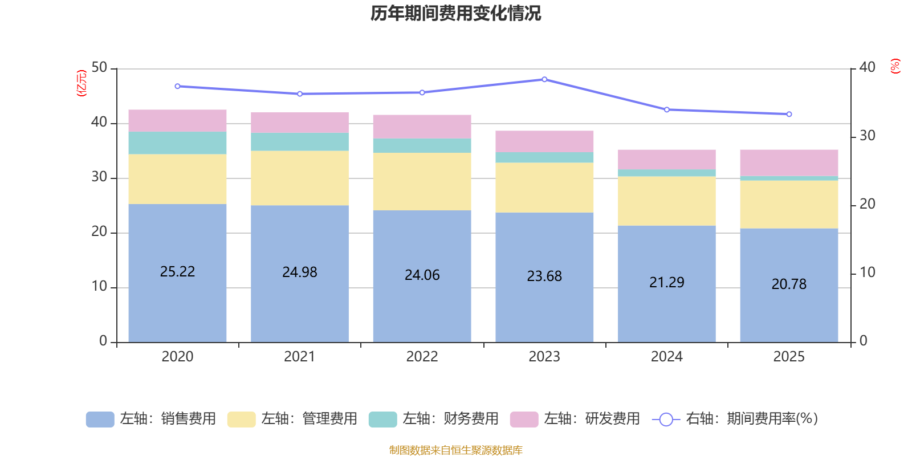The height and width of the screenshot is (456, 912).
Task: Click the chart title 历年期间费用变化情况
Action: click(x=455, y=13)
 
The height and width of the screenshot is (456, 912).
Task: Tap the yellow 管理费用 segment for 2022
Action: click(x=422, y=181)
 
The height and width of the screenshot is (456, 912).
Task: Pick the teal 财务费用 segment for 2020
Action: click(x=177, y=143)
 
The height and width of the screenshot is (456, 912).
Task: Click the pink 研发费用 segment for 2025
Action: click(x=789, y=162)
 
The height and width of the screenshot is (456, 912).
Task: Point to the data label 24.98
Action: click(x=300, y=272)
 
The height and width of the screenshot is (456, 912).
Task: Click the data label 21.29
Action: click(x=667, y=283)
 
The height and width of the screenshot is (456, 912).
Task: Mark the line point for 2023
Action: click(x=544, y=79)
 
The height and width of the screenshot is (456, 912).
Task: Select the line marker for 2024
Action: click(x=667, y=109)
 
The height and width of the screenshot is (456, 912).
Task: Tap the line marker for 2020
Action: click(x=177, y=87)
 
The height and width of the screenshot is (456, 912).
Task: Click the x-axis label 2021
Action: click(x=300, y=357)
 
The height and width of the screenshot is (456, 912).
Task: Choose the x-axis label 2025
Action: click(x=789, y=357)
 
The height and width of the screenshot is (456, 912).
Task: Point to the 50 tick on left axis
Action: click(x=99, y=68)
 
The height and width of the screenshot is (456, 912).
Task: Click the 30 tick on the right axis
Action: click(x=867, y=136)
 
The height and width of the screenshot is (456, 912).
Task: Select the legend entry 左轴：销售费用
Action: click(x=152, y=419)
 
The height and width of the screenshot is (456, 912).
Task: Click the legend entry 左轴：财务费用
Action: click(x=434, y=419)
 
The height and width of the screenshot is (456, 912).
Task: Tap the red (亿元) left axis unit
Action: click(x=82, y=83)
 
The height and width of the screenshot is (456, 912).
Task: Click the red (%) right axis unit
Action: click(x=895, y=66)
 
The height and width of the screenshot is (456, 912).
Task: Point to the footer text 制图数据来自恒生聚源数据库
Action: click(x=455, y=450)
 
